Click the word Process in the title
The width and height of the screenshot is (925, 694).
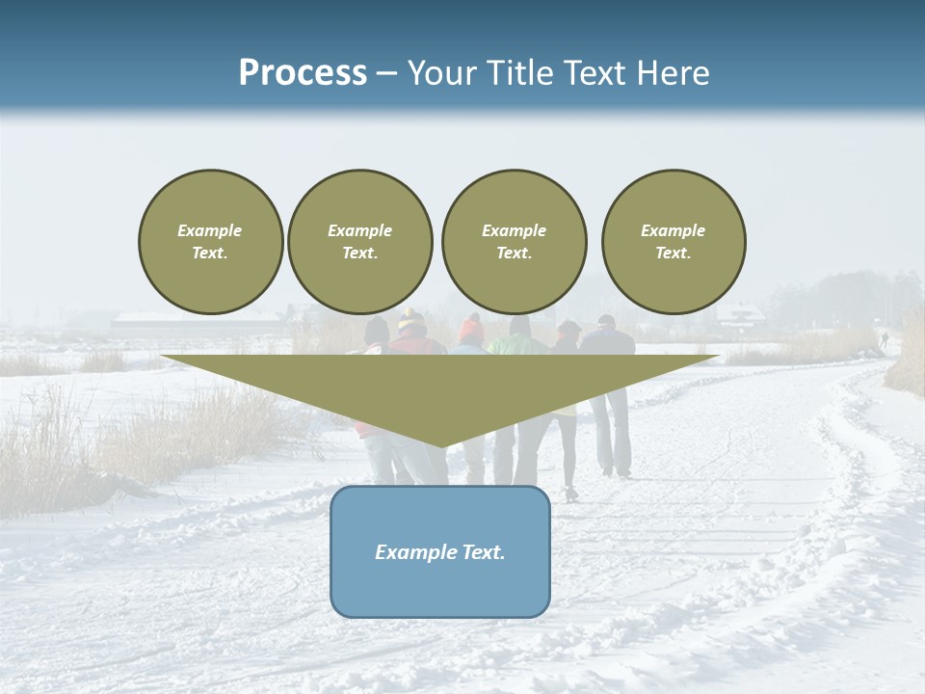point(303,73)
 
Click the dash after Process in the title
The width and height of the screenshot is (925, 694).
point(387,74)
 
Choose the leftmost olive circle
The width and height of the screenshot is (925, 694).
point(210,241)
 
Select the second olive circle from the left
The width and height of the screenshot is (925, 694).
point(359,241)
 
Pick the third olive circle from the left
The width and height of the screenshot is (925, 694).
point(514,241)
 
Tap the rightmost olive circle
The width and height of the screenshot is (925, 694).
point(674,241)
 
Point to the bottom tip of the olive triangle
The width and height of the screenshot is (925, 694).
point(440,445)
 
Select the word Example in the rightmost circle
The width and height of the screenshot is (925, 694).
point(674,230)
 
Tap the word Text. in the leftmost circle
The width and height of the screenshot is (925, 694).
point(210,254)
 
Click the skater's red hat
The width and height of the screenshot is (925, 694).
point(471,330)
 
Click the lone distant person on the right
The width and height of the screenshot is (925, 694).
point(884,339)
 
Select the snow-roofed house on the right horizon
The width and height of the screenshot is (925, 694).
point(739,315)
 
